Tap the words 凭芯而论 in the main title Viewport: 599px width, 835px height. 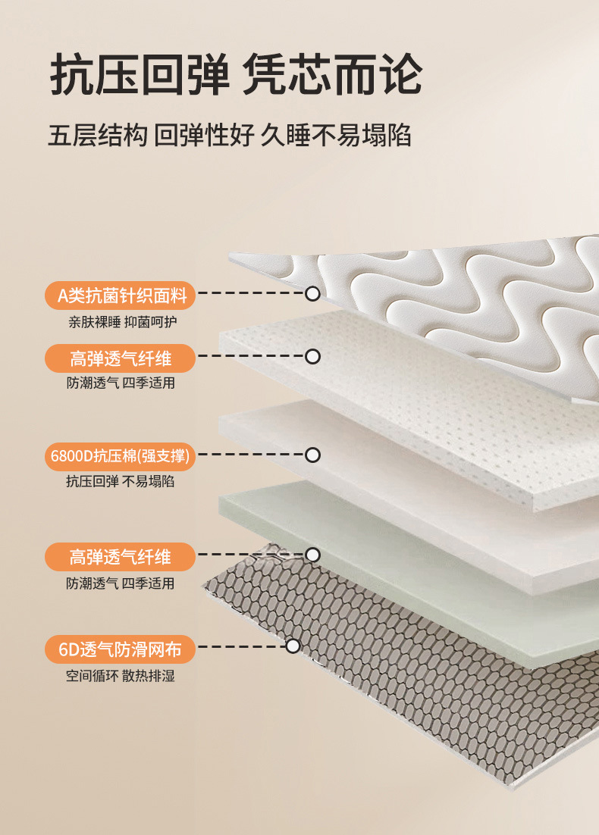pos(332,75)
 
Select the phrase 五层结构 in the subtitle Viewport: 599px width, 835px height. pos(96,136)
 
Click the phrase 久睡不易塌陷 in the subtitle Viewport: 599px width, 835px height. pos(336,136)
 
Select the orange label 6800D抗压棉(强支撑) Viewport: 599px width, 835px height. pos(121,455)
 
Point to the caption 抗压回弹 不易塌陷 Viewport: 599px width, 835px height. pos(121,481)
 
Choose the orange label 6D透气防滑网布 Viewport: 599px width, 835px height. pos(121,649)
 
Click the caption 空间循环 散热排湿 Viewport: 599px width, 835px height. pos(121,675)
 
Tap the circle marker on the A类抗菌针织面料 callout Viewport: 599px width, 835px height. pos(312,293)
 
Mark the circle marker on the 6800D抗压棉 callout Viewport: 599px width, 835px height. pos(312,455)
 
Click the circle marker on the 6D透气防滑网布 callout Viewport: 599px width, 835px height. pos(293,646)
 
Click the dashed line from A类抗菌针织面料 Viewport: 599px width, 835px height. pos(250,292)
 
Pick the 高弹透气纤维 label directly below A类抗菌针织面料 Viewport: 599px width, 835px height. pos(121,358)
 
